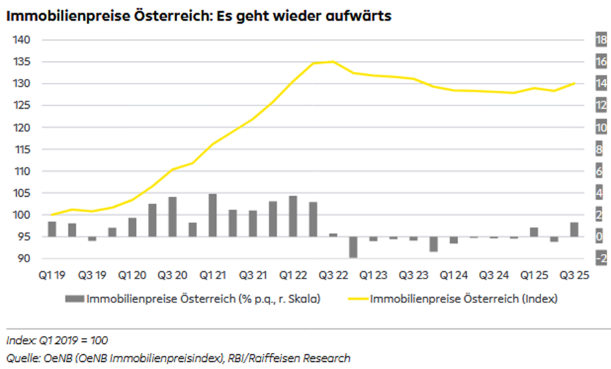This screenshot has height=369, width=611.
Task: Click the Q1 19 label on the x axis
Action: tap(52, 276)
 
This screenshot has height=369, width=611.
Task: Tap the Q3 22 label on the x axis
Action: tap(332, 276)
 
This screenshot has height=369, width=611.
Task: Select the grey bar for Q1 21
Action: tap(213, 215)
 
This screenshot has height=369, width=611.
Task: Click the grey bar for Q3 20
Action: tap(173, 217)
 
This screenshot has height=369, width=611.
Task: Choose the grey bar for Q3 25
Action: tap(573, 230)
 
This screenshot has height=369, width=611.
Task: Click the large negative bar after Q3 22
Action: tap(353, 247)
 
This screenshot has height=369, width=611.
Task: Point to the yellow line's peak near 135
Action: tap(332, 61)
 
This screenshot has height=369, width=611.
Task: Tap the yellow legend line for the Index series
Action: tap(359, 299)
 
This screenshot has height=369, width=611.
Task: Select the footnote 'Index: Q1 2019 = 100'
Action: tap(57, 341)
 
